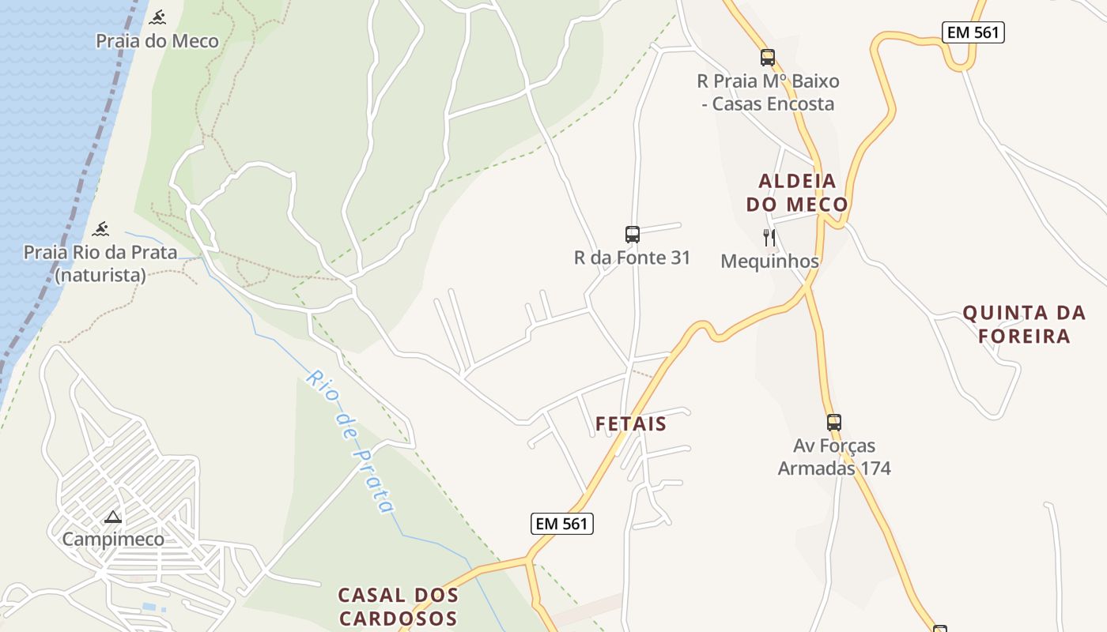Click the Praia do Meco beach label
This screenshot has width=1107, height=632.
[x=157, y=41]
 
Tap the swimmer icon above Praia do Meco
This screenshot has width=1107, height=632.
[x=158, y=17]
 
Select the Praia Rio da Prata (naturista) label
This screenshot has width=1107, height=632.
[x=100, y=264]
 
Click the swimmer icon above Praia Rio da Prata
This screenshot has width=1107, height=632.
[x=100, y=229]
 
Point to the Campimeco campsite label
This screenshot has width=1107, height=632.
[x=113, y=540]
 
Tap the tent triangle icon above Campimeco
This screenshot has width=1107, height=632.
[x=113, y=517]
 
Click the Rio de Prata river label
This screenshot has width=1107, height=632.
[x=349, y=442]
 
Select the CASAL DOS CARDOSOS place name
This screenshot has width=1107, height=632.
[x=398, y=606]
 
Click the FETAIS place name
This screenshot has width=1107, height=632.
[x=631, y=424]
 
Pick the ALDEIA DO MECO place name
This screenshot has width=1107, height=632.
[x=797, y=193]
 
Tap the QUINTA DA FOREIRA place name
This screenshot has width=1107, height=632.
[x=1024, y=325]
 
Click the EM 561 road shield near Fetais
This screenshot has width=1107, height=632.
[x=562, y=523]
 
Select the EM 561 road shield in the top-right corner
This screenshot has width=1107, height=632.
[x=973, y=32]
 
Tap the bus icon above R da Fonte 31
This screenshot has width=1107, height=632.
[x=633, y=234]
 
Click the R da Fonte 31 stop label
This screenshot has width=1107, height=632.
[x=633, y=258]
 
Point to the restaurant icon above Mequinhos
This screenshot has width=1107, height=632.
[x=769, y=237]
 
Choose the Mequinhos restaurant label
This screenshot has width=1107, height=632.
[x=769, y=261]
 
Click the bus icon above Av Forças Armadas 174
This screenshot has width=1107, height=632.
[x=834, y=422]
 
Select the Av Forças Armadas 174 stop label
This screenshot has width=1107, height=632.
[x=834, y=457]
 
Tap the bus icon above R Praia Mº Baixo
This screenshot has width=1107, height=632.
[x=768, y=57]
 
